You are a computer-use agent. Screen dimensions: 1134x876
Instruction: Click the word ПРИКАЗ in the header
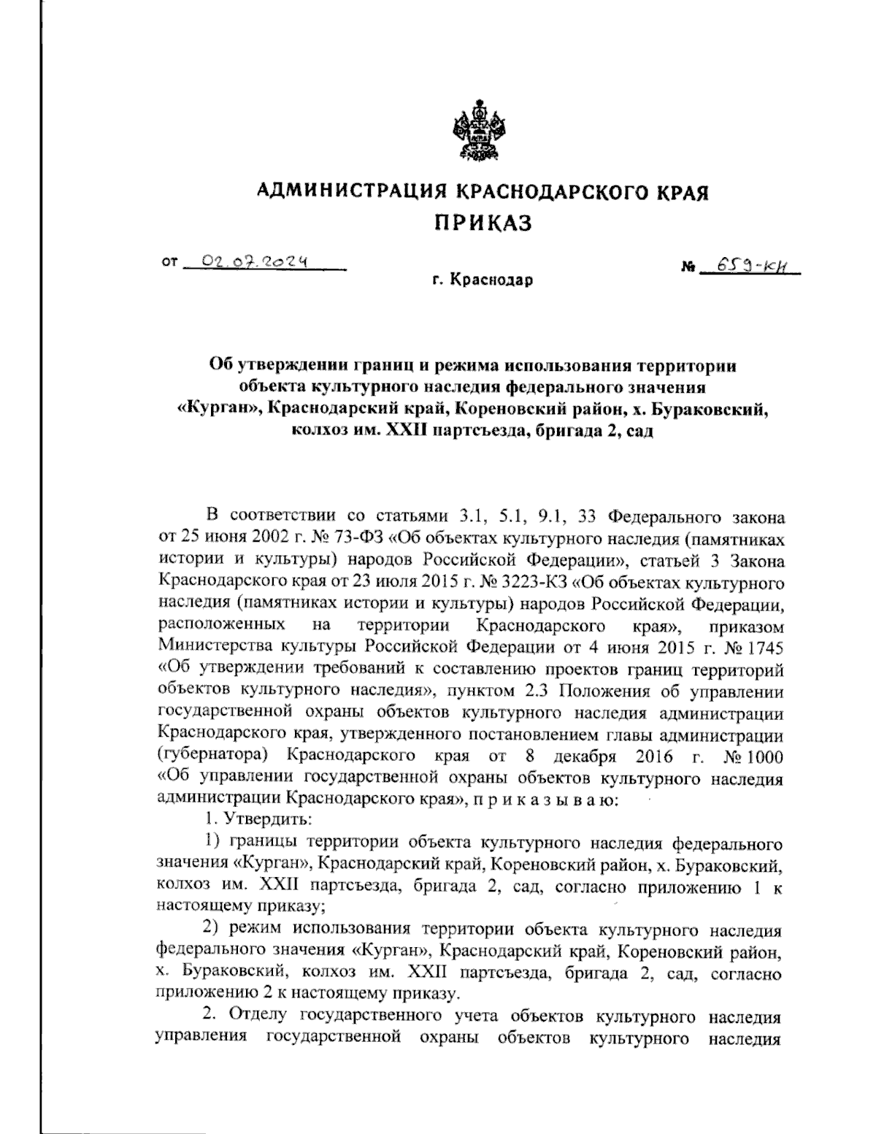pos(483,223)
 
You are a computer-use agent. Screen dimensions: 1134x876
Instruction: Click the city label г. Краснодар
pos(482,280)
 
